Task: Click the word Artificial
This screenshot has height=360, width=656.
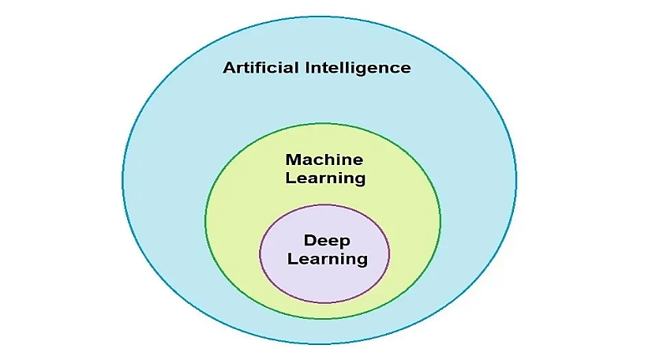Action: coord(261,68)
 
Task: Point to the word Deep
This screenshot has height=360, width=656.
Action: coord(327,241)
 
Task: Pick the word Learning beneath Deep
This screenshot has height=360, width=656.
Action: coord(327,258)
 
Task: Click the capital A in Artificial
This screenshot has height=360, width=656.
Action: coord(230,68)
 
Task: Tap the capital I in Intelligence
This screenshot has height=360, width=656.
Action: coord(308,68)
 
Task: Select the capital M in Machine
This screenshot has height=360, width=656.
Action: coord(293,159)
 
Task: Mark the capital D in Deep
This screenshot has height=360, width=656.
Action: coord(309,240)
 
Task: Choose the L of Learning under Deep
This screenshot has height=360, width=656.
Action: coord(291,258)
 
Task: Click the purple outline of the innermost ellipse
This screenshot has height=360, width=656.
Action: coord(261,253)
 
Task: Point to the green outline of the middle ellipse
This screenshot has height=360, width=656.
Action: coord(205,221)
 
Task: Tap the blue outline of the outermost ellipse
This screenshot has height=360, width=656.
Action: coord(122,180)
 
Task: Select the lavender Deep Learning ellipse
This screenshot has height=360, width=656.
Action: coord(324,284)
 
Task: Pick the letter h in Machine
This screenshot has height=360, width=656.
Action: coord(333,159)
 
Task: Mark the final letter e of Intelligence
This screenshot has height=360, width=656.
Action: coord(406,69)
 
